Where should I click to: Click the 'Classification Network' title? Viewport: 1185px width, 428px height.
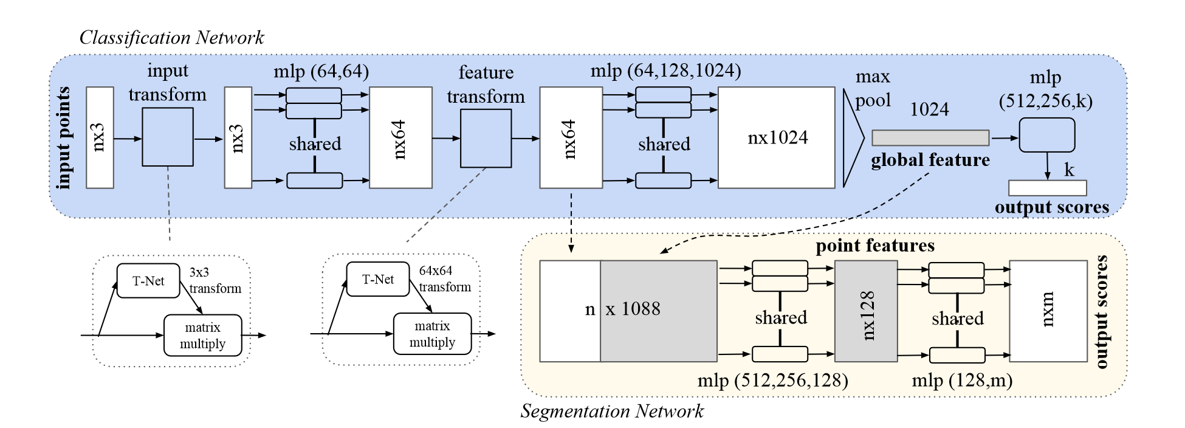[172, 38]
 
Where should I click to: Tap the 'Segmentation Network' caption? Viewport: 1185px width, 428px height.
[612, 412]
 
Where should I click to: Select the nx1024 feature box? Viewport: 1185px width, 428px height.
[777, 137]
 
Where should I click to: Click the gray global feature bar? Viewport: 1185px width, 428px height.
[930, 138]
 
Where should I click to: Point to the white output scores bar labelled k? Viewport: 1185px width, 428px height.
[1048, 188]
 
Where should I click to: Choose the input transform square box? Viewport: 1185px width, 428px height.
[168, 137]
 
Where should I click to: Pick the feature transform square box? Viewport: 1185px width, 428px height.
[486, 138]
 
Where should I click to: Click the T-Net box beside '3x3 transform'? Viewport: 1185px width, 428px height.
[148, 281]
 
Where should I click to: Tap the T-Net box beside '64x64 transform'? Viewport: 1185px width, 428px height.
[378, 279]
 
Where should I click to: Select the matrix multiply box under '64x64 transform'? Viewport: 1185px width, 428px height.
[433, 334]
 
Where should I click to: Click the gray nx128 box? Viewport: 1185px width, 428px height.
[866, 311]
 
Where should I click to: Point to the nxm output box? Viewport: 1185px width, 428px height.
[1048, 311]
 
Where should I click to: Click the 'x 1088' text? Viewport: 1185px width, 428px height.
[633, 309]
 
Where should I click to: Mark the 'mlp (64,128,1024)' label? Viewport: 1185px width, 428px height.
[666, 71]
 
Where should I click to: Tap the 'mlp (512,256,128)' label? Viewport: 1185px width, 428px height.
[773, 381]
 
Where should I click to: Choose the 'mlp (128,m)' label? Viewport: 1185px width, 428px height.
[963, 381]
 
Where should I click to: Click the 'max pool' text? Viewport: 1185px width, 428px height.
[873, 88]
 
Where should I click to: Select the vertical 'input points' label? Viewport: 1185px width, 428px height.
[64, 138]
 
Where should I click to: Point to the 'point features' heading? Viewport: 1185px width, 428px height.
[875, 246]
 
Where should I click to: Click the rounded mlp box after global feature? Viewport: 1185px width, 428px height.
[1047, 135]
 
